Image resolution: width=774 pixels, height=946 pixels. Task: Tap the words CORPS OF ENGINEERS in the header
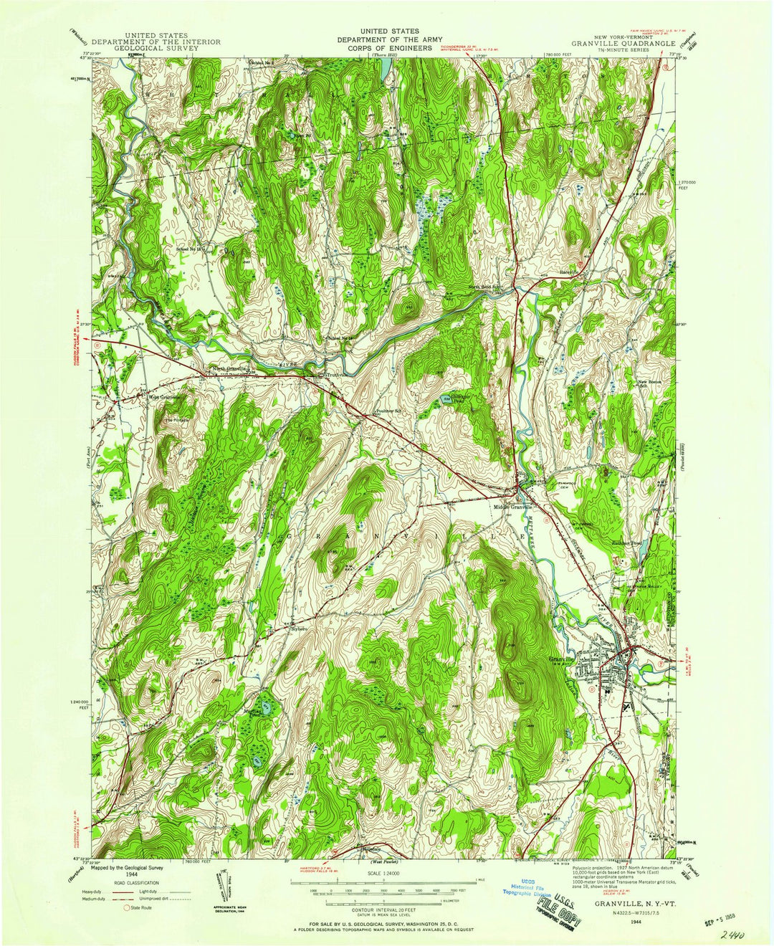click(386, 49)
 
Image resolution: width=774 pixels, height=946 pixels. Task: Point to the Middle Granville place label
click(513, 507)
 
